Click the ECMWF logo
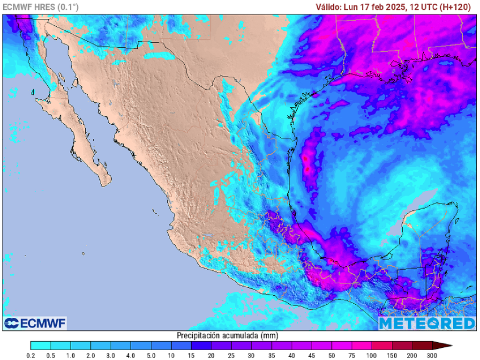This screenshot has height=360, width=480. (x=35, y=323)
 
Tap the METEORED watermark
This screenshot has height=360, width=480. (x=427, y=323)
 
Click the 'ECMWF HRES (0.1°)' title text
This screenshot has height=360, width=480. (x=41, y=7)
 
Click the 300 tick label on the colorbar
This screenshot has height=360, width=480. (x=432, y=355)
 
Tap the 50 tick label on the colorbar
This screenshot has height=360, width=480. (x=332, y=355)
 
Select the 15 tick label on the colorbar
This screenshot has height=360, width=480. (x=191, y=355)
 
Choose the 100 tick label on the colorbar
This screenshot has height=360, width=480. (x=372, y=355)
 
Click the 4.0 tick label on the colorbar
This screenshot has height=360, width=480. (x=131, y=355)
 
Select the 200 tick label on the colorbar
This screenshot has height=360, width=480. (x=412, y=355)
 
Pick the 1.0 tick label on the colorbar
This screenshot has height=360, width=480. (x=71, y=355)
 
